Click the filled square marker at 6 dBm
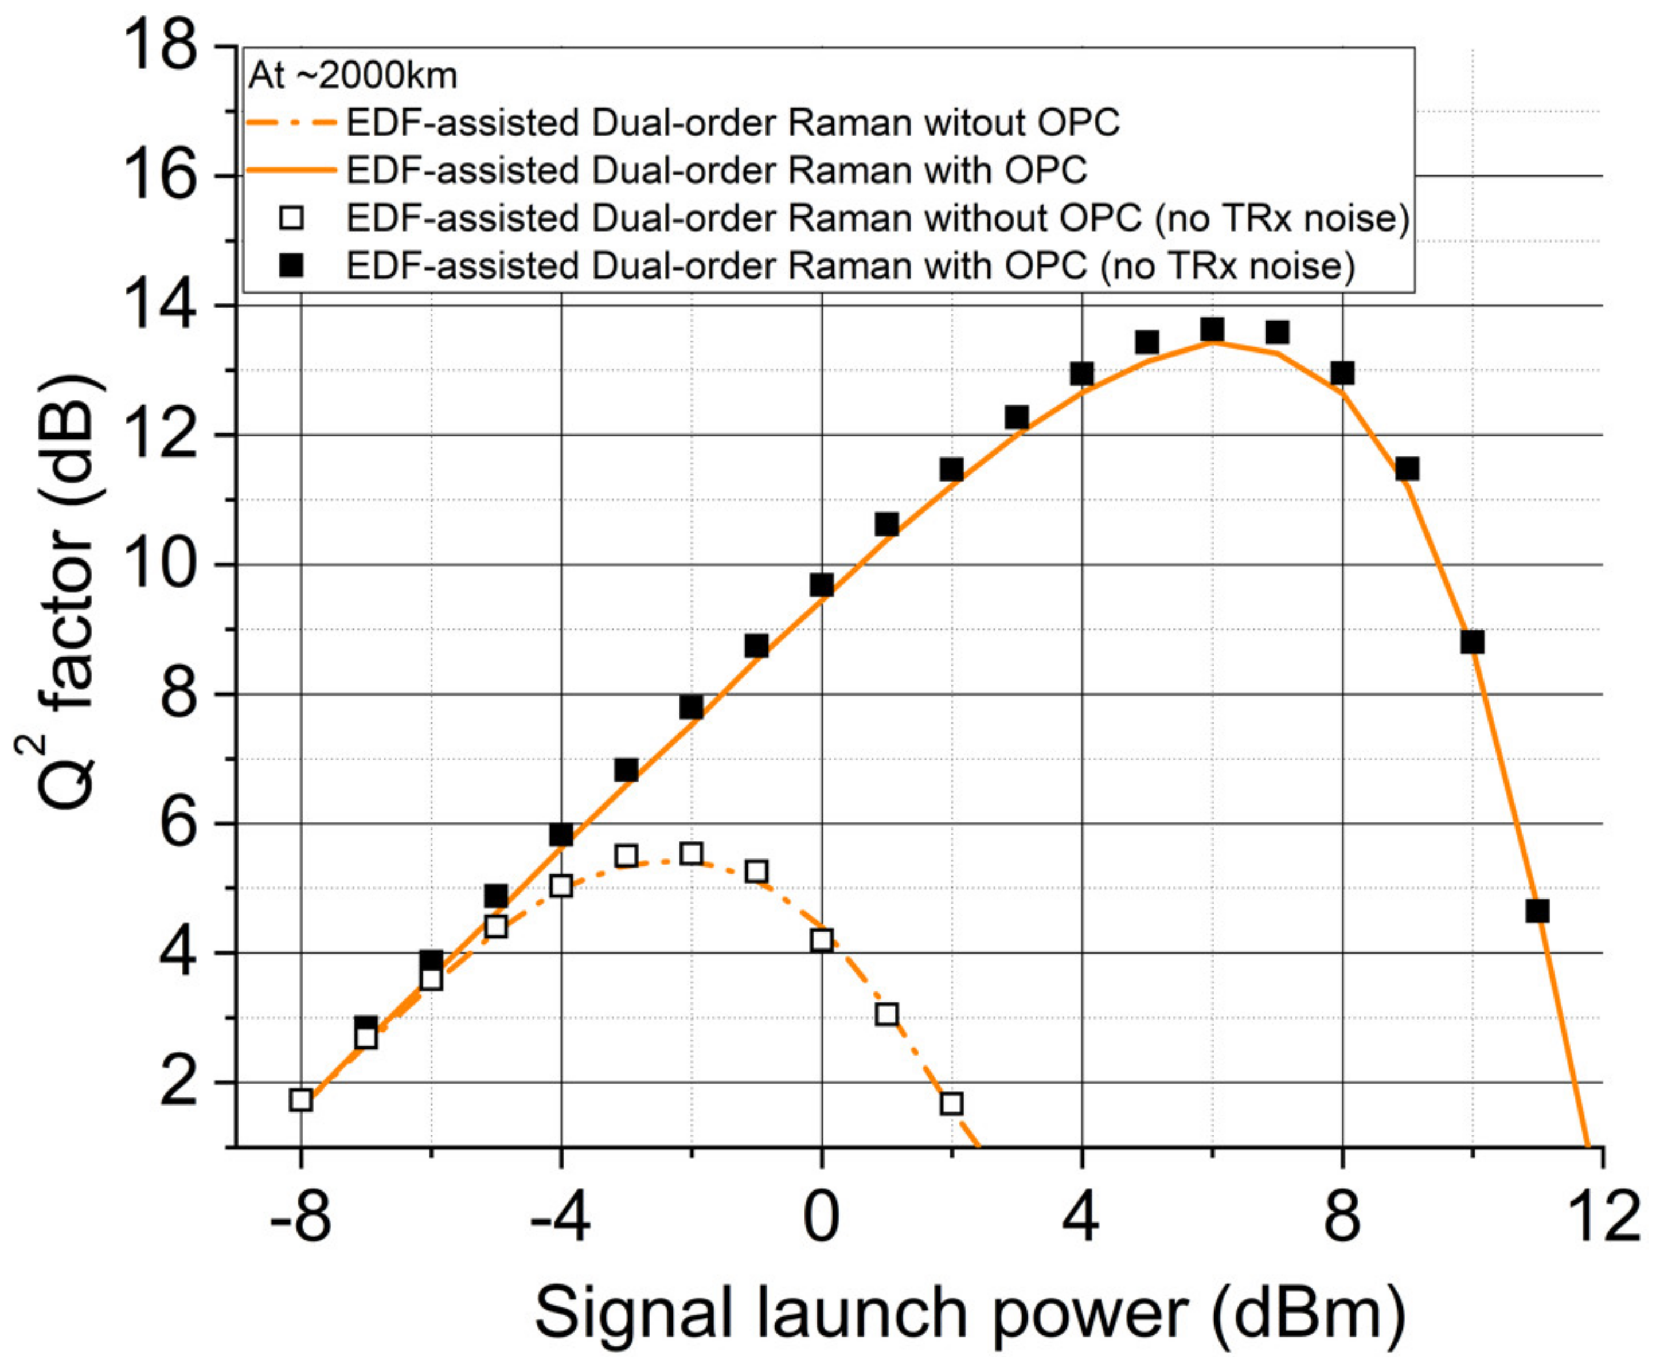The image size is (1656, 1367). [x=1212, y=329]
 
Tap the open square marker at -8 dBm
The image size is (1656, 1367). [x=301, y=1100]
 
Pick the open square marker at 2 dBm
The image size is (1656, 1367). [x=951, y=1103]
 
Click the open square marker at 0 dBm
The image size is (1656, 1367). [x=821, y=939]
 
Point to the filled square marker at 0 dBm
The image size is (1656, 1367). [x=821, y=585]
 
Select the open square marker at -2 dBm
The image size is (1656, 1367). [x=692, y=854]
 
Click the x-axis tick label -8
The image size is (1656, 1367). [x=300, y=1217]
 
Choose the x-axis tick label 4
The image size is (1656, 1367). [x=1081, y=1217]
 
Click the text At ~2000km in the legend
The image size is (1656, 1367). [x=352, y=76]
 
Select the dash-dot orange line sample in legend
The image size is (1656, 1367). [x=291, y=124]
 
